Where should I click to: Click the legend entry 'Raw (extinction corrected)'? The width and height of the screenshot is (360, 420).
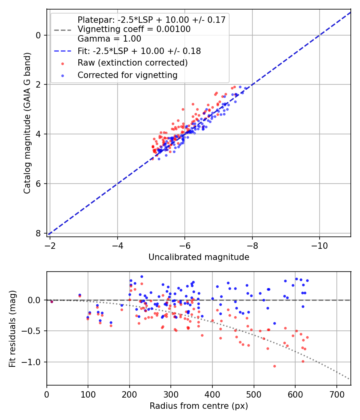132,63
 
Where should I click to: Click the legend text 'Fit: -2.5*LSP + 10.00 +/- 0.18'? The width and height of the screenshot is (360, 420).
139,51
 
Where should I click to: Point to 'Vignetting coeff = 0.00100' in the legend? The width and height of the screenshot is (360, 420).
134,29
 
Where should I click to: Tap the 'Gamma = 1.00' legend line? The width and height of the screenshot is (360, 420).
109,39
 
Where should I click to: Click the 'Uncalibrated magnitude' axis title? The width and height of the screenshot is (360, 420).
199,257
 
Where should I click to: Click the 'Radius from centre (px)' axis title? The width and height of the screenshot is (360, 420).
199,406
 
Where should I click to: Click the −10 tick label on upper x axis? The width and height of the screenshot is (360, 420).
319,244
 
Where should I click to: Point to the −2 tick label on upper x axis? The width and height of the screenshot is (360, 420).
50,244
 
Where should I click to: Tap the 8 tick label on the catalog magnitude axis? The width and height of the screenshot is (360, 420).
38,233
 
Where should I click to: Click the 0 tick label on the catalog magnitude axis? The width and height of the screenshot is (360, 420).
38,35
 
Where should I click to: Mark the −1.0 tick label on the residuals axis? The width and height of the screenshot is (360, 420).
34,362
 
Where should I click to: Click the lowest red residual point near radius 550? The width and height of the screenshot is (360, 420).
274,366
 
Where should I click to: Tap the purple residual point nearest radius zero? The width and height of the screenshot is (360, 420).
52,302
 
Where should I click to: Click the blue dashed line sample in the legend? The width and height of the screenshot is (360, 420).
63,51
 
